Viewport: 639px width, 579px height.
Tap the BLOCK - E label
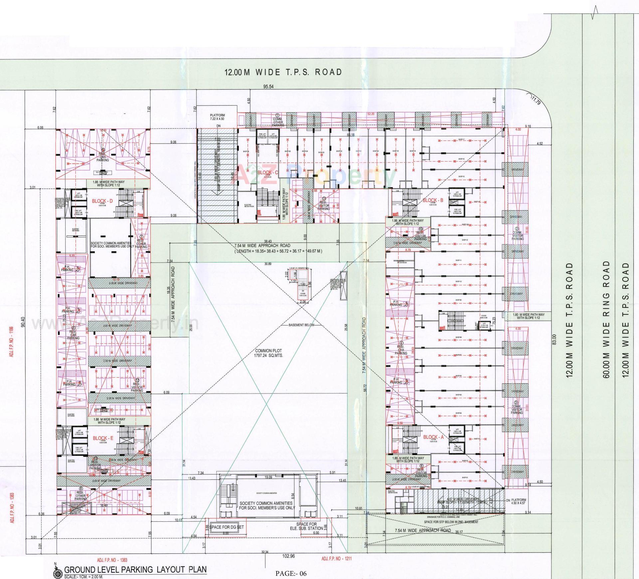[x=103, y=438]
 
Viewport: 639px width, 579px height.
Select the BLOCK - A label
[x=433, y=437]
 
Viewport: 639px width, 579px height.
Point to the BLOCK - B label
[x=433, y=200]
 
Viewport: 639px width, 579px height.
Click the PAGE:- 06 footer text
[x=291, y=573]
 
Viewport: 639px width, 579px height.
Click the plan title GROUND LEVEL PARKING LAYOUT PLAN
[x=135, y=569]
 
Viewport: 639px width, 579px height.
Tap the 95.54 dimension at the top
[x=268, y=87]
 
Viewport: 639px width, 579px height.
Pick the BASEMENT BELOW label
[x=301, y=325]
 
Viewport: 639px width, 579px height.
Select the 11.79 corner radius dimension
[x=536, y=100]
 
